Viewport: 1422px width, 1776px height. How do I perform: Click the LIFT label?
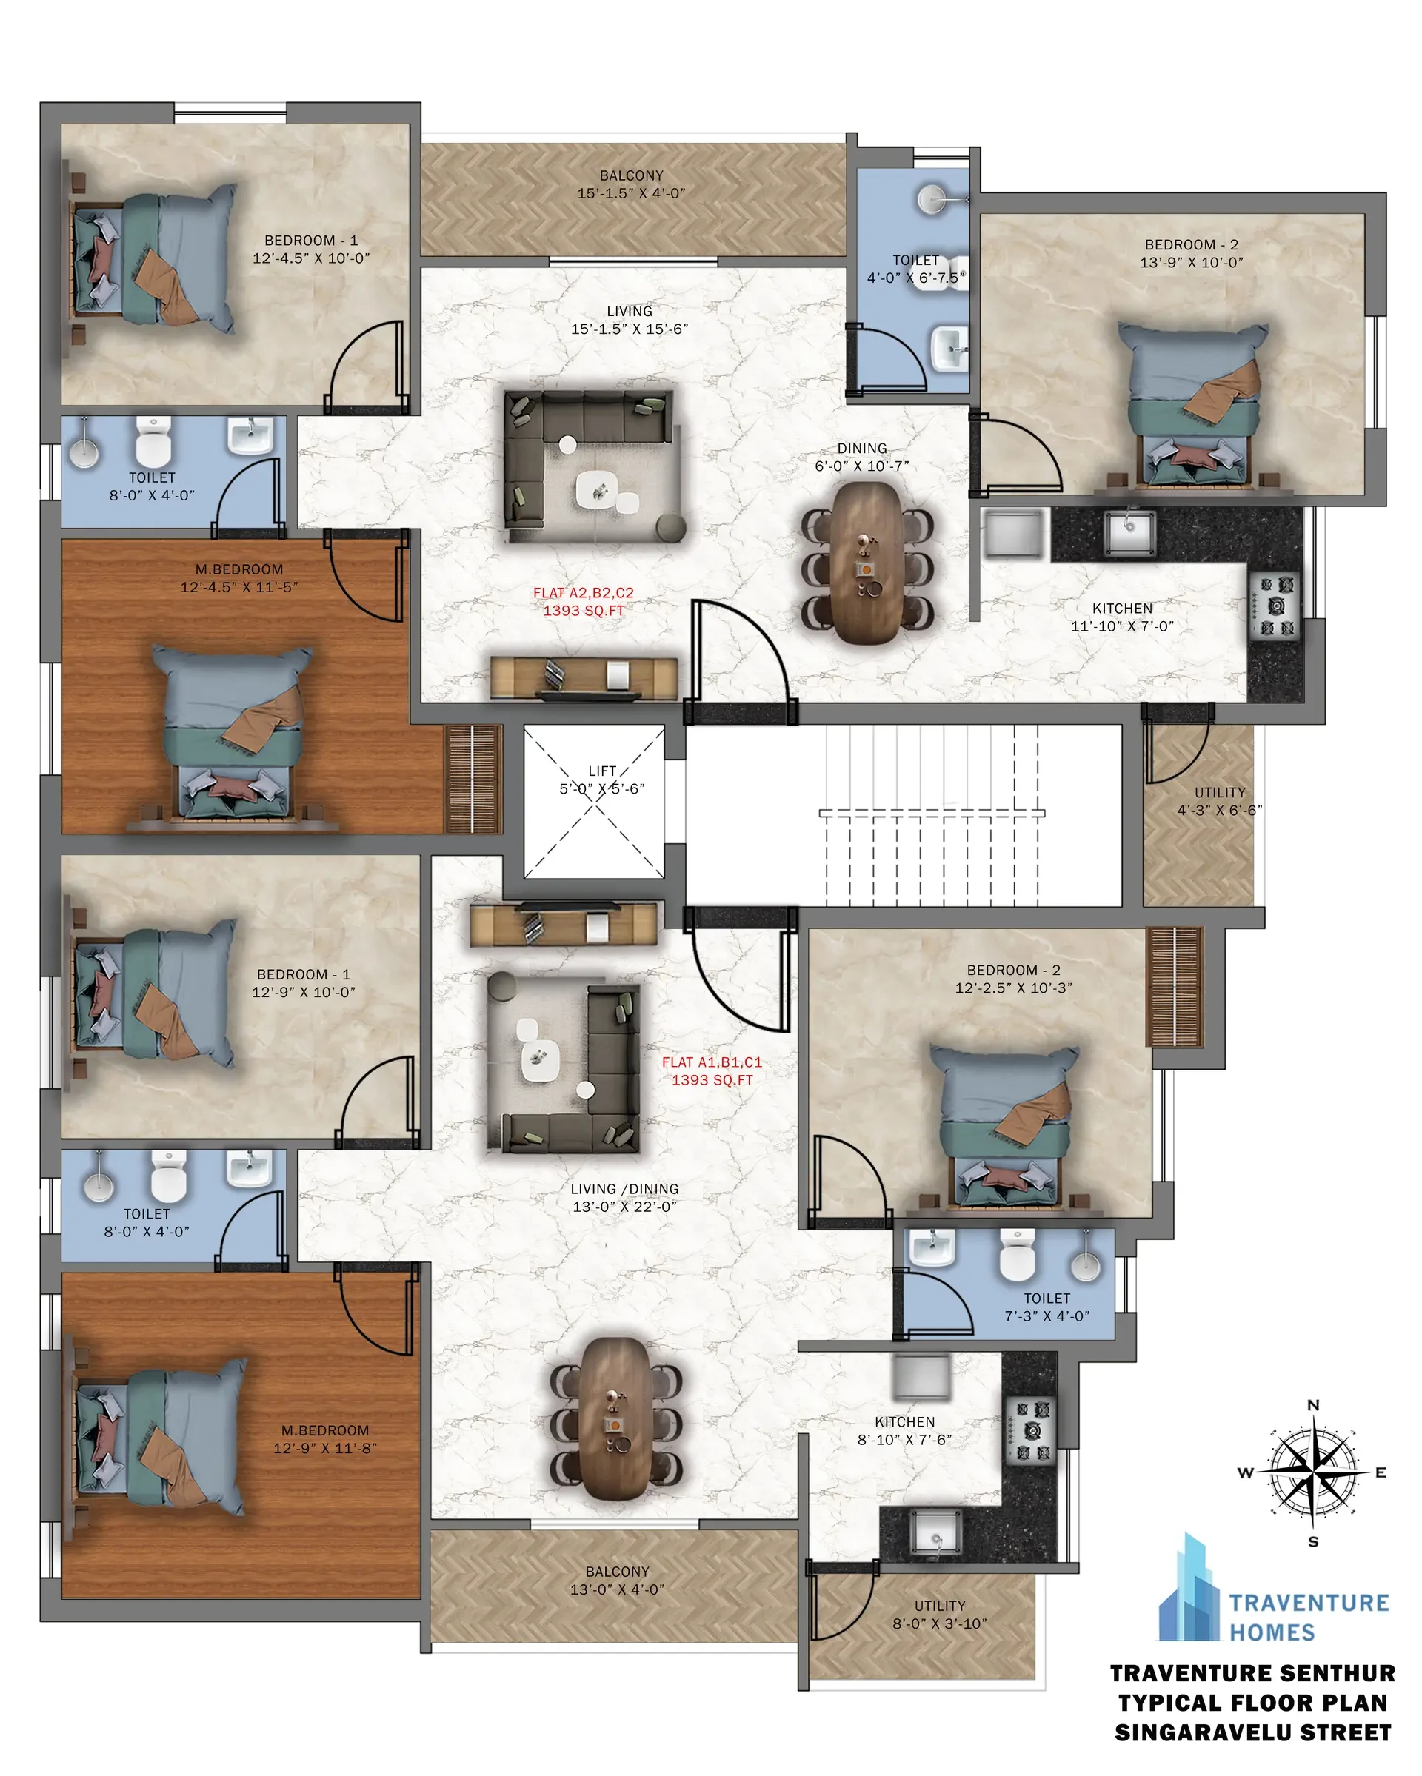pyautogui.click(x=602, y=771)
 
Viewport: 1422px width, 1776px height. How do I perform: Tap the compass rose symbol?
pyautogui.click(x=1313, y=1472)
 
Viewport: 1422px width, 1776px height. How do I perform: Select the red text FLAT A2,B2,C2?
pyautogui.click(x=584, y=592)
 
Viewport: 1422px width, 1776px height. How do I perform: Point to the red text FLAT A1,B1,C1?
pyautogui.click(x=712, y=1062)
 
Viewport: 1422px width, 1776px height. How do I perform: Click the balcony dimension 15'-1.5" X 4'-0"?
pyautogui.click(x=631, y=193)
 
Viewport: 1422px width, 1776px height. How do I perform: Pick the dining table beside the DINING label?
pyautogui.click(x=867, y=562)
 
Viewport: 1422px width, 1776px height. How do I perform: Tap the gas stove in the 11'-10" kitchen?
pyautogui.click(x=1275, y=606)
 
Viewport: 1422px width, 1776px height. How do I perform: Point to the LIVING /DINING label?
pyautogui.click(x=624, y=1189)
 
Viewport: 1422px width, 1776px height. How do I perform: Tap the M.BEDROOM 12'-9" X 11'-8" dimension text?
pyautogui.click(x=324, y=1449)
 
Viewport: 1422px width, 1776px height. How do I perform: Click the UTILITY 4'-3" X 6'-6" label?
pyautogui.click(x=1219, y=801)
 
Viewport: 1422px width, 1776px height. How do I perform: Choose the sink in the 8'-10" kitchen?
pyautogui.click(x=935, y=1533)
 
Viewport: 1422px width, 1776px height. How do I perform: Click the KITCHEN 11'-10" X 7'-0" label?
pyautogui.click(x=1122, y=617)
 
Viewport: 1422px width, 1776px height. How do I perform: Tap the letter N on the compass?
pyautogui.click(x=1313, y=1405)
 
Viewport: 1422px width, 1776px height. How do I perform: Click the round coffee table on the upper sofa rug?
pyautogui.click(x=567, y=445)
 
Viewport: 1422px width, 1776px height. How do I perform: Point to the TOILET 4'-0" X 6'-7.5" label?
pyautogui.click(x=915, y=269)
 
